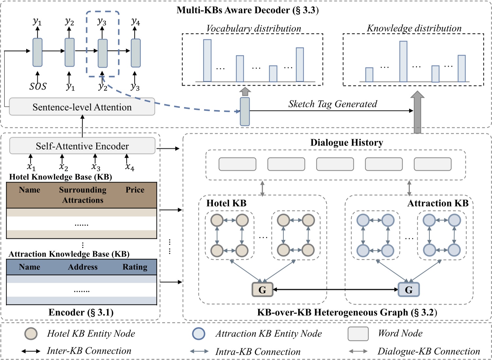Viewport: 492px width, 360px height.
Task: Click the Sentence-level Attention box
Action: point(82,107)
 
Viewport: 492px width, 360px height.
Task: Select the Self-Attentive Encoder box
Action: point(82,146)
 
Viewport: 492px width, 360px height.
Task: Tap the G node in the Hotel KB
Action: point(262,290)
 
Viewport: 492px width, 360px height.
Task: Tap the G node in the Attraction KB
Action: point(408,290)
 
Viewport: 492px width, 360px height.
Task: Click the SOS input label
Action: point(38,86)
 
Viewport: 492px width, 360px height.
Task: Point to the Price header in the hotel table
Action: point(135,190)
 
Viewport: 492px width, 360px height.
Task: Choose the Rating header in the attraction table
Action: point(135,267)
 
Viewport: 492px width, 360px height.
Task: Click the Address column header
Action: point(83,267)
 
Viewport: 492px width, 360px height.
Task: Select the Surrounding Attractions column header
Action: point(83,195)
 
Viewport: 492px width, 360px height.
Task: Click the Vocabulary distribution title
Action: point(254,28)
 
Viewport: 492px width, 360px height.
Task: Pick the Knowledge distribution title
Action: point(414,28)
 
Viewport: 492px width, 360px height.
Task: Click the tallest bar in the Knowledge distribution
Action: point(403,62)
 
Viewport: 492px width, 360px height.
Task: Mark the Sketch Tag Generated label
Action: point(332,104)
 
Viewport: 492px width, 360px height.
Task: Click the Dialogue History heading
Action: point(347,143)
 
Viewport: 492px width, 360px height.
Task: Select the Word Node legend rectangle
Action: point(358,334)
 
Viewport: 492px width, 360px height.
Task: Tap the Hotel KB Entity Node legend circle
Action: point(31,334)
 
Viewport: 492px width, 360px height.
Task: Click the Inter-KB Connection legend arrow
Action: point(31,351)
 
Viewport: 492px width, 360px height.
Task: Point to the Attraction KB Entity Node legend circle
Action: point(199,334)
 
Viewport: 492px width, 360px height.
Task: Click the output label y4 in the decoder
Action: point(135,22)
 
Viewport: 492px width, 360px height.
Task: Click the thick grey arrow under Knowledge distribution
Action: point(417,113)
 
